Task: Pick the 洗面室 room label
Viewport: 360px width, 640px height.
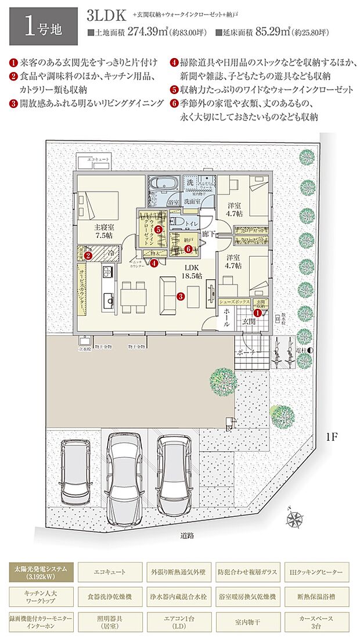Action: point(192,201)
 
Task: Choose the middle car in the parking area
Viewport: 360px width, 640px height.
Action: point(127,476)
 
